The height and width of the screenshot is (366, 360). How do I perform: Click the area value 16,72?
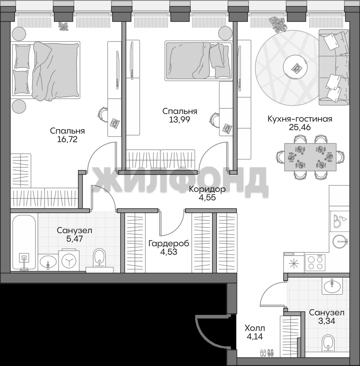point(67,139)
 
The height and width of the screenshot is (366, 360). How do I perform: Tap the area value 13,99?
point(179,119)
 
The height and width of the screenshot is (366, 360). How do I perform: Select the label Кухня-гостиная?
point(300,119)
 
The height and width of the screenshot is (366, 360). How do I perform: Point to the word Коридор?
point(207,189)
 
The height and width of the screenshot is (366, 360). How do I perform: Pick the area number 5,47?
point(74,239)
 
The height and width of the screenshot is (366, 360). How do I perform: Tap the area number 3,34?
point(327,321)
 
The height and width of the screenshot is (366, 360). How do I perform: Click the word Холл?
point(255,328)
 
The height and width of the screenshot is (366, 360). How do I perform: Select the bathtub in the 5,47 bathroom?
point(24,243)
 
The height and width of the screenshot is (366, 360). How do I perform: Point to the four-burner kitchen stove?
point(315,262)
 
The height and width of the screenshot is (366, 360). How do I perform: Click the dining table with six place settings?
point(310,157)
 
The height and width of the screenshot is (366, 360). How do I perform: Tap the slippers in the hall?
point(267,352)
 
